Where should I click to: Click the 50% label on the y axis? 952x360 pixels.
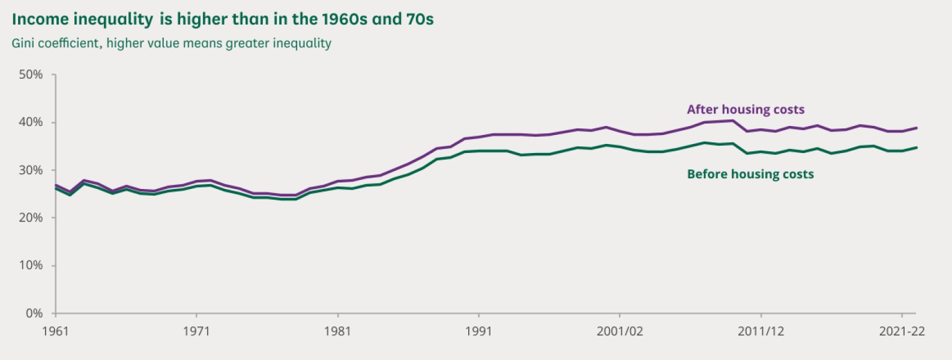click(x=31, y=75)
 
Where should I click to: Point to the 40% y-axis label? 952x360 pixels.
click(x=31, y=122)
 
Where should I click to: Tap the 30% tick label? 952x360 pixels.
click(x=31, y=170)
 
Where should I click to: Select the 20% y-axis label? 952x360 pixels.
click(x=31, y=218)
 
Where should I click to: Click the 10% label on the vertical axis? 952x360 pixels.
click(x=31, y=266)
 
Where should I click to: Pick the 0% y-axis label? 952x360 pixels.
click(x=34, y=314)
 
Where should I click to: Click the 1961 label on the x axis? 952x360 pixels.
click(x=55, y=332)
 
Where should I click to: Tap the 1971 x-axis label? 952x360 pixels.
click(x=196, y=332)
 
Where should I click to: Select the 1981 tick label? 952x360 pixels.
click(x=337, y=332)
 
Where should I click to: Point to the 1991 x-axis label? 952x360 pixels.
click(x=478, y=332)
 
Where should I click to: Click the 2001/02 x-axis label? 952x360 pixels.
click(x=619, y=332)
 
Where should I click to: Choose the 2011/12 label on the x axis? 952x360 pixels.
click(x=761, y=332)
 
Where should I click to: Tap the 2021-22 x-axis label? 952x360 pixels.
click(x=902, y=332)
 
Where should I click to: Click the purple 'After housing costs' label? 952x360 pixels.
click(x=746, y=110)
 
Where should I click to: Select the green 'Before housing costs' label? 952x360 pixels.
click(x=750, y=174)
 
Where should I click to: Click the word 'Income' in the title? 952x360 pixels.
click(x=40, y=19)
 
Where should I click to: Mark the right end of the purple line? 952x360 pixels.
click(x=917, y=128)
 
